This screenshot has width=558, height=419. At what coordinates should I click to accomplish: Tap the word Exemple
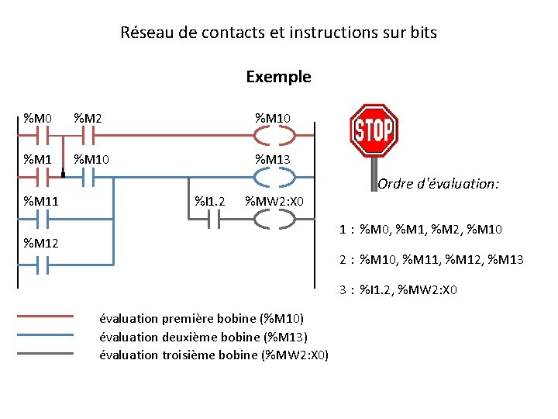click(x=278, y=77)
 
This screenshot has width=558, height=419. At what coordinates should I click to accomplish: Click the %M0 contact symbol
click(x=38, y=136)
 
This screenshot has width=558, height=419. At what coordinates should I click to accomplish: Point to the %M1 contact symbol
click(x=38, y=178)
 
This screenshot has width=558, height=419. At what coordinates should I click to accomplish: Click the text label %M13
click(x=274, y=160)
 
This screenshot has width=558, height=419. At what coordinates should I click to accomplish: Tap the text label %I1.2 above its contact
click(x=209, y=202)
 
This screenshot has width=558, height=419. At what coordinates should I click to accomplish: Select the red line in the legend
click(x=45, y=316)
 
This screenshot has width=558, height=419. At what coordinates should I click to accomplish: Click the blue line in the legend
click(x=45, y=334)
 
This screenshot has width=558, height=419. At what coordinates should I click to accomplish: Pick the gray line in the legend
click(x=45, y=353)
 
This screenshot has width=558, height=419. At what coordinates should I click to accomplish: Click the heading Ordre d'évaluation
click(x=439, y=184)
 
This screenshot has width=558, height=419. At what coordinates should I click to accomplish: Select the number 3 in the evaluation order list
click(x=342, y=290)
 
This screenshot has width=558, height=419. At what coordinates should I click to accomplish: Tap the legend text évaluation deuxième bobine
click(x=204, y=337)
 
